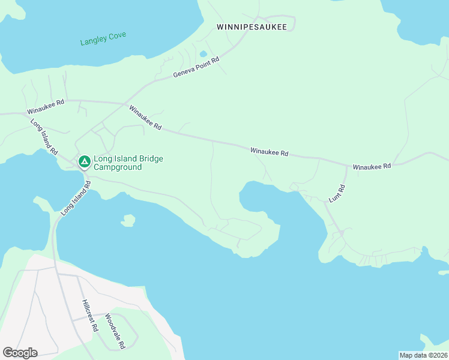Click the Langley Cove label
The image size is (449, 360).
tap(103, 39)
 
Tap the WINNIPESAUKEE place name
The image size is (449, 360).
tap(252, 27)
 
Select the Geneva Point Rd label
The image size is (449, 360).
tap(197, 67)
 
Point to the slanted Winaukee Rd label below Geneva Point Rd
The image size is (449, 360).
tap(145, 117)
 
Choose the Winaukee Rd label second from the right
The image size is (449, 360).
tap(270, 152)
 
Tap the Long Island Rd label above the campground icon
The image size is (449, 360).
tap(44, 134)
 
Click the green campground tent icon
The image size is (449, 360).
tap(84, 161)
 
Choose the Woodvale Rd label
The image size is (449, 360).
tap(114, 331)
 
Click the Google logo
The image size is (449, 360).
tap(20, 353)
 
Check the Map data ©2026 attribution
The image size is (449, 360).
tap(423, 355)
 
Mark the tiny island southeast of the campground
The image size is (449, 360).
tap(127, 221)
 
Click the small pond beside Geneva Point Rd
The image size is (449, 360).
tap(203, 54)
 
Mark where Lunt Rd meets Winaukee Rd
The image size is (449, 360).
tap(347, 167)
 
